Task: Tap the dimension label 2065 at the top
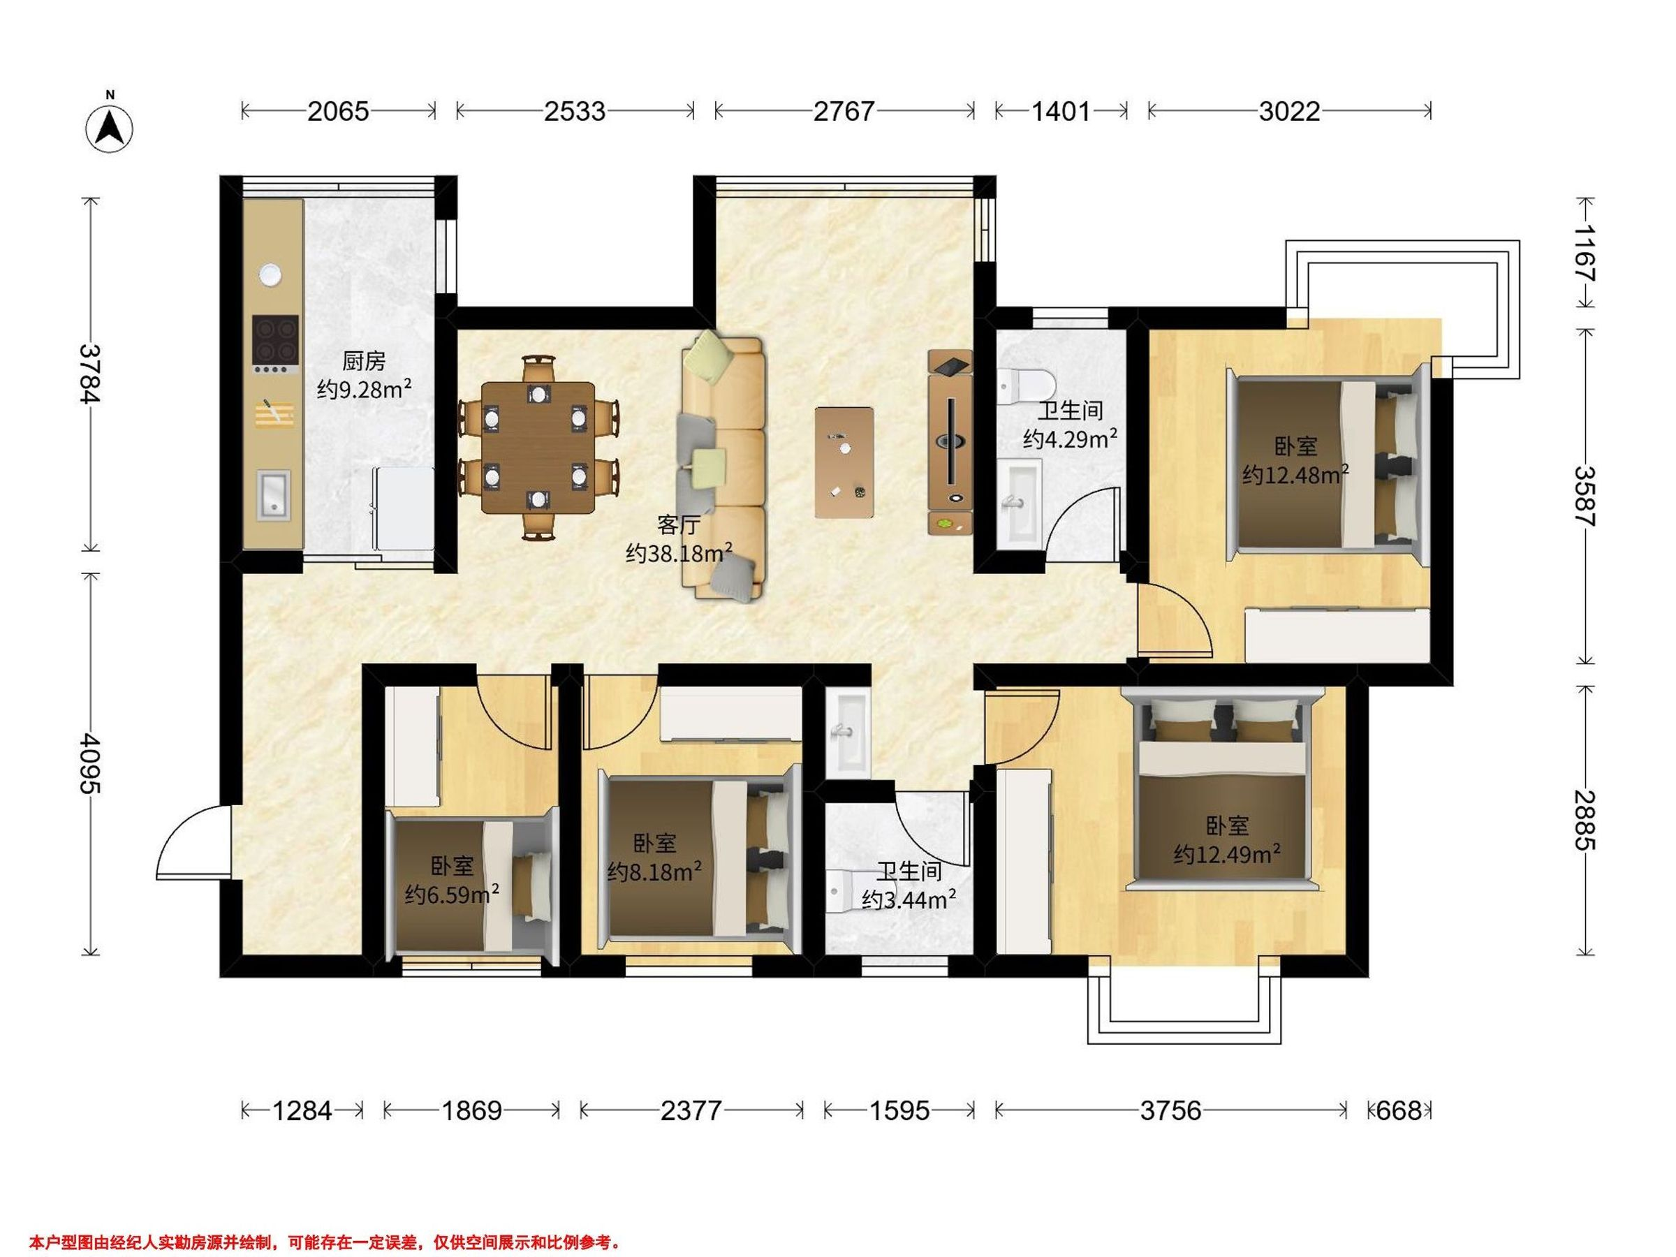338,111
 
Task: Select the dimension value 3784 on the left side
91,374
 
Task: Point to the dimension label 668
1399,1111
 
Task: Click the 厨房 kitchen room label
364,360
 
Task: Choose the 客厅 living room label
678,525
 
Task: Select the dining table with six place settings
538,448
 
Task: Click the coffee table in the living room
844,462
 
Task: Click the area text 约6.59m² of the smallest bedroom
452,895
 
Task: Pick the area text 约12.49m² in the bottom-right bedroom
1228,855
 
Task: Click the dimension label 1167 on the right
1585,253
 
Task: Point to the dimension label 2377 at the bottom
690,1111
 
